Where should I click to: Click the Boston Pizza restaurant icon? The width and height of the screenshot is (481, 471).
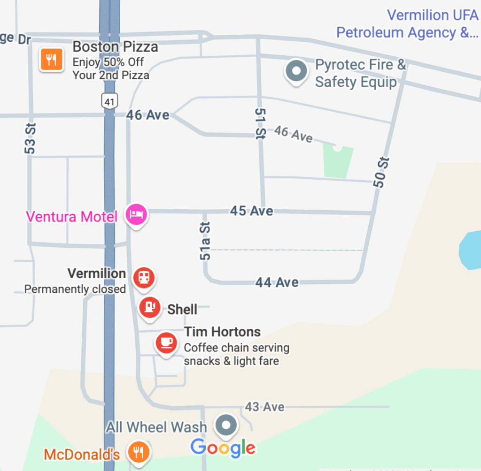click(x=51, y=60)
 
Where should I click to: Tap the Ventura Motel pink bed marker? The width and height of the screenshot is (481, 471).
click(x=136, y=214)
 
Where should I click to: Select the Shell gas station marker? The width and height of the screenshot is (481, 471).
click(x=149, y=307)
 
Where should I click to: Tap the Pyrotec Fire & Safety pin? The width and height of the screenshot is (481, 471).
click(x=297, y=71)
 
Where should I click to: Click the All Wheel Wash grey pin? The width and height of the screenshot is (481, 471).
click(x=227, y=425)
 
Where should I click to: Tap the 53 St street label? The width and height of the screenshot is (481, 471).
click(x=30, y=138)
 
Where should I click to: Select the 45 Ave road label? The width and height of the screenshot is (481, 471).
click(x=251, y=211)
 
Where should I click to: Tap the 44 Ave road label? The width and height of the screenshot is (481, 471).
click(x=277, y=282)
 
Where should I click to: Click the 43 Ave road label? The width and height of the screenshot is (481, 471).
click(x=264, y=407)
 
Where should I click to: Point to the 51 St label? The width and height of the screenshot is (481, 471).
click(x=260, y=123)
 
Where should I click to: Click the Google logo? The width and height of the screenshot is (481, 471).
click(x=223, y=448)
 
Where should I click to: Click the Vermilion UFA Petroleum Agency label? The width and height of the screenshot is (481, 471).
click(x=408, y=24)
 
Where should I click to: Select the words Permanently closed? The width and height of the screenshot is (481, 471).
click(x=75, y=289)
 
